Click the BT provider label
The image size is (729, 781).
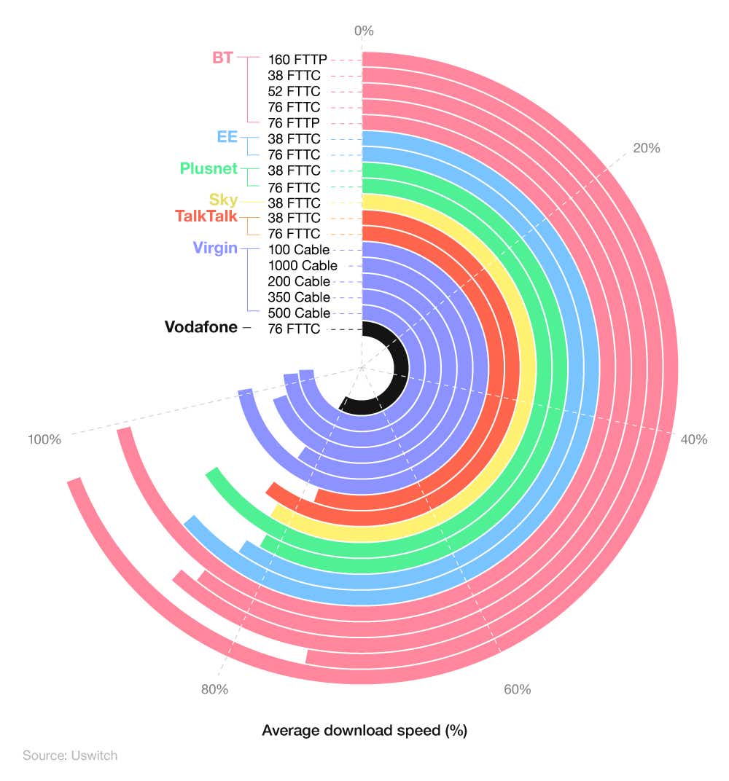[223, 58]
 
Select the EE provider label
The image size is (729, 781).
[227, 137]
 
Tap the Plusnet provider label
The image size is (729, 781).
[208, 169]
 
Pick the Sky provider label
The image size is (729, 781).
[223, 200]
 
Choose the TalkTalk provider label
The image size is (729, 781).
[206, 216]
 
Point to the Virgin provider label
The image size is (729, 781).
[215, 248]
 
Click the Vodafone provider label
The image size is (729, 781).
[201, 328]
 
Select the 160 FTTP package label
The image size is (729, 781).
[297, 60]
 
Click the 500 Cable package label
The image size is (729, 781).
[299, 313]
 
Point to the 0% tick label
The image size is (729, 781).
[363, 31]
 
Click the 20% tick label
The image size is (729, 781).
[646, 148]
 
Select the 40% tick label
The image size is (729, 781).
[693, 439]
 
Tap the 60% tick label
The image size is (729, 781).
[517, 689]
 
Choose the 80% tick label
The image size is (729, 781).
[214, 689]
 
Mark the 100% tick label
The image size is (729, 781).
[44, 439]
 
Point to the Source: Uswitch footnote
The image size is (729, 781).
[70, 756]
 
